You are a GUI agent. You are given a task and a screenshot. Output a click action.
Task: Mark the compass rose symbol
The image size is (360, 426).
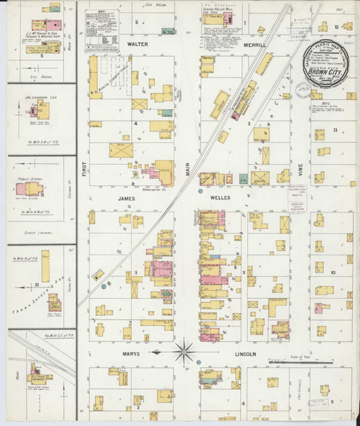click(185, 349)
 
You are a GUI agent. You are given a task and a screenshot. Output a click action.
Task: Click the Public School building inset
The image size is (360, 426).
click(33, 189)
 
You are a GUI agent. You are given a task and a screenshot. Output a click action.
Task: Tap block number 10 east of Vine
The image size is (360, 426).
click(332, 271)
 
